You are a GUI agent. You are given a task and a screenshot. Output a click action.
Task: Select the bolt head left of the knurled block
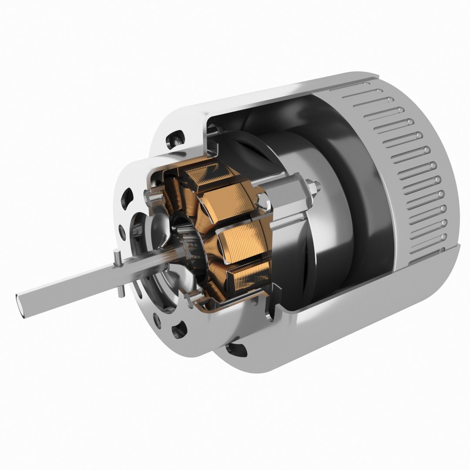point(263,202)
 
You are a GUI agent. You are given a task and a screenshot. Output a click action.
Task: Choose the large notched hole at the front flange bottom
point(179,329)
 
